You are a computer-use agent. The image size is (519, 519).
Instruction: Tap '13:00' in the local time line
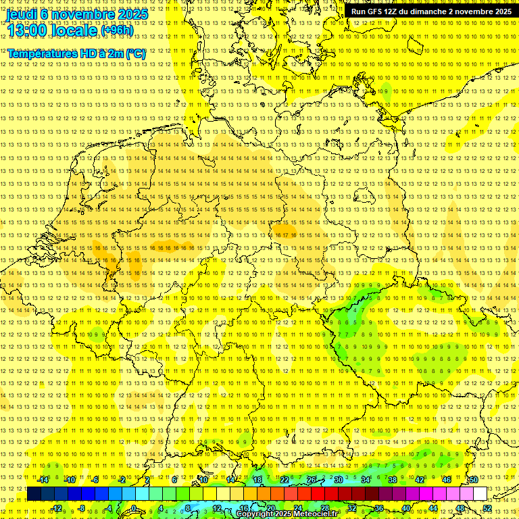(28, 30)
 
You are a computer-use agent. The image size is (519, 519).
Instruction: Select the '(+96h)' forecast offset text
(117, 30)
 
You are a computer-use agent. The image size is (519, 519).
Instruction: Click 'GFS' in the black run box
(376, 11)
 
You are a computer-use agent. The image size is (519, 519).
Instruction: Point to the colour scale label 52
(487, 508)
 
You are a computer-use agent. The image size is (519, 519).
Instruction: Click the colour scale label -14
(43, 479)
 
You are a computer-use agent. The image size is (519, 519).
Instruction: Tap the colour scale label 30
(339, 479)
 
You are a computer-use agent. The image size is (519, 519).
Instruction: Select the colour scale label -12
(57, 508)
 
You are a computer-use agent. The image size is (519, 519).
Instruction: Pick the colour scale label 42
(420, 479)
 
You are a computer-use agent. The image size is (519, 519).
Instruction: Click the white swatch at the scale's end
(480, 493)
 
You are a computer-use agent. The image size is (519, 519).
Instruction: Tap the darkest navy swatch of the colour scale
(34, 493)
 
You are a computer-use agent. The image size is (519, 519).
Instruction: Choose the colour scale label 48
(460, 508)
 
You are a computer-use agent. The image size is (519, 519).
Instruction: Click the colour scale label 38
(393, 479)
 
